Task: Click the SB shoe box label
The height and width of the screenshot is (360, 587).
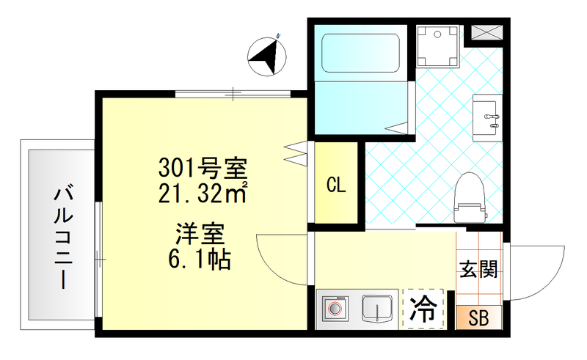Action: [478, 319]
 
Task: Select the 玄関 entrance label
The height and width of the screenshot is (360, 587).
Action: [479, 269]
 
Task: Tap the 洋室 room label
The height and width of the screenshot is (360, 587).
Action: [200, 236]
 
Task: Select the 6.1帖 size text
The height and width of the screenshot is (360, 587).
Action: [200, 260]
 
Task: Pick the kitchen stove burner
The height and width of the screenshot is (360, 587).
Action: [338, 309]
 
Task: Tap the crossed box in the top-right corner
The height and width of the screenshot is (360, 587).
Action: [486, 32]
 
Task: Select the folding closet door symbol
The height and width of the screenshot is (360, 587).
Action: [294, 151]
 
